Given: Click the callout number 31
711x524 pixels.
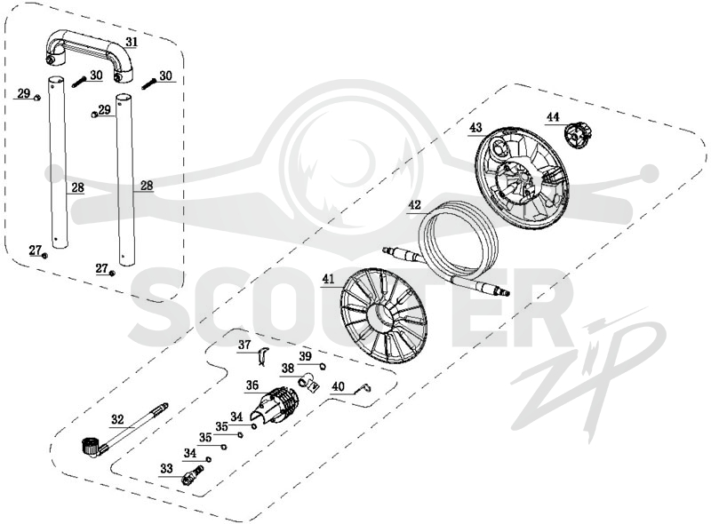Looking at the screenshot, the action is pyautogui.click(x=131, y=42).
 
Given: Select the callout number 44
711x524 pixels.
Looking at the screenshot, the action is pyautogui.click(x=553, y=117).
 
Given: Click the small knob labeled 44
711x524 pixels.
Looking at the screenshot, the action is pyautogui.click(x=578, y=136).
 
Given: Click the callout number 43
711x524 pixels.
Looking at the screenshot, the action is pyautogui.click(x=475, y=127).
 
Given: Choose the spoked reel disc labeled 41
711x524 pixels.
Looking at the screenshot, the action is pyautogui.click(x=384, y=314).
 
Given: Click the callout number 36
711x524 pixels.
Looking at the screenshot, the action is pyautogui.click(x=252, y=385).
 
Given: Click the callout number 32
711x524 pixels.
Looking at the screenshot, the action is pyautogui.click(x=117, y=419).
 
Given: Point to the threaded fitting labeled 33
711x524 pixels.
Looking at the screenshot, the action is pyautogui.click(x=192, y=475).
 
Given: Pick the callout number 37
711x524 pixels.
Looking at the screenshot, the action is pyautogui.click(x=244, y=345).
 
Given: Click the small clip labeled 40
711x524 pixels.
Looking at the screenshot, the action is pyautogui.click(x=364, y=386).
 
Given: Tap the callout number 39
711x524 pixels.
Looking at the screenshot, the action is pyautogui.click(x=305, y=356).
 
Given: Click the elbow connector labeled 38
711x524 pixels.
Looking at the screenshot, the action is pyautogui.click(x=308, y=382).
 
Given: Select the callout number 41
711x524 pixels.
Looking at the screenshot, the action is pyautogui.click(x=328, y=280).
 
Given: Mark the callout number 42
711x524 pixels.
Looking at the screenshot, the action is pyautogui.click(x=414, y=205).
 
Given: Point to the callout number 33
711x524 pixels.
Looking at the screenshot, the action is pyautogui.click(x=166, y=468).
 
